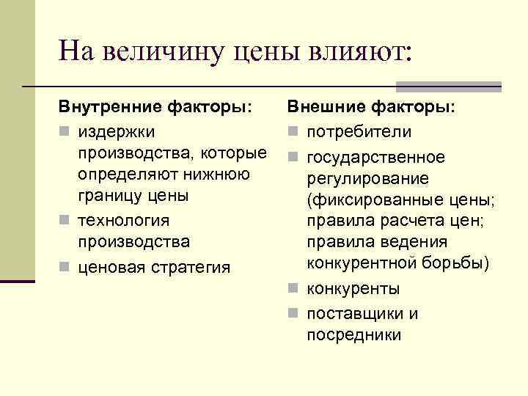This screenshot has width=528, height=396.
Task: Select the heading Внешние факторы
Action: pos(370,108)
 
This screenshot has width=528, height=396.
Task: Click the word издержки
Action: pos(117,131)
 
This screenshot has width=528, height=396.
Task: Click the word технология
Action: pos(124,220)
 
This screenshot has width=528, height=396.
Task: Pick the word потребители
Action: pos(359,131)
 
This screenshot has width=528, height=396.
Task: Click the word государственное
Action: pos(375,158)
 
